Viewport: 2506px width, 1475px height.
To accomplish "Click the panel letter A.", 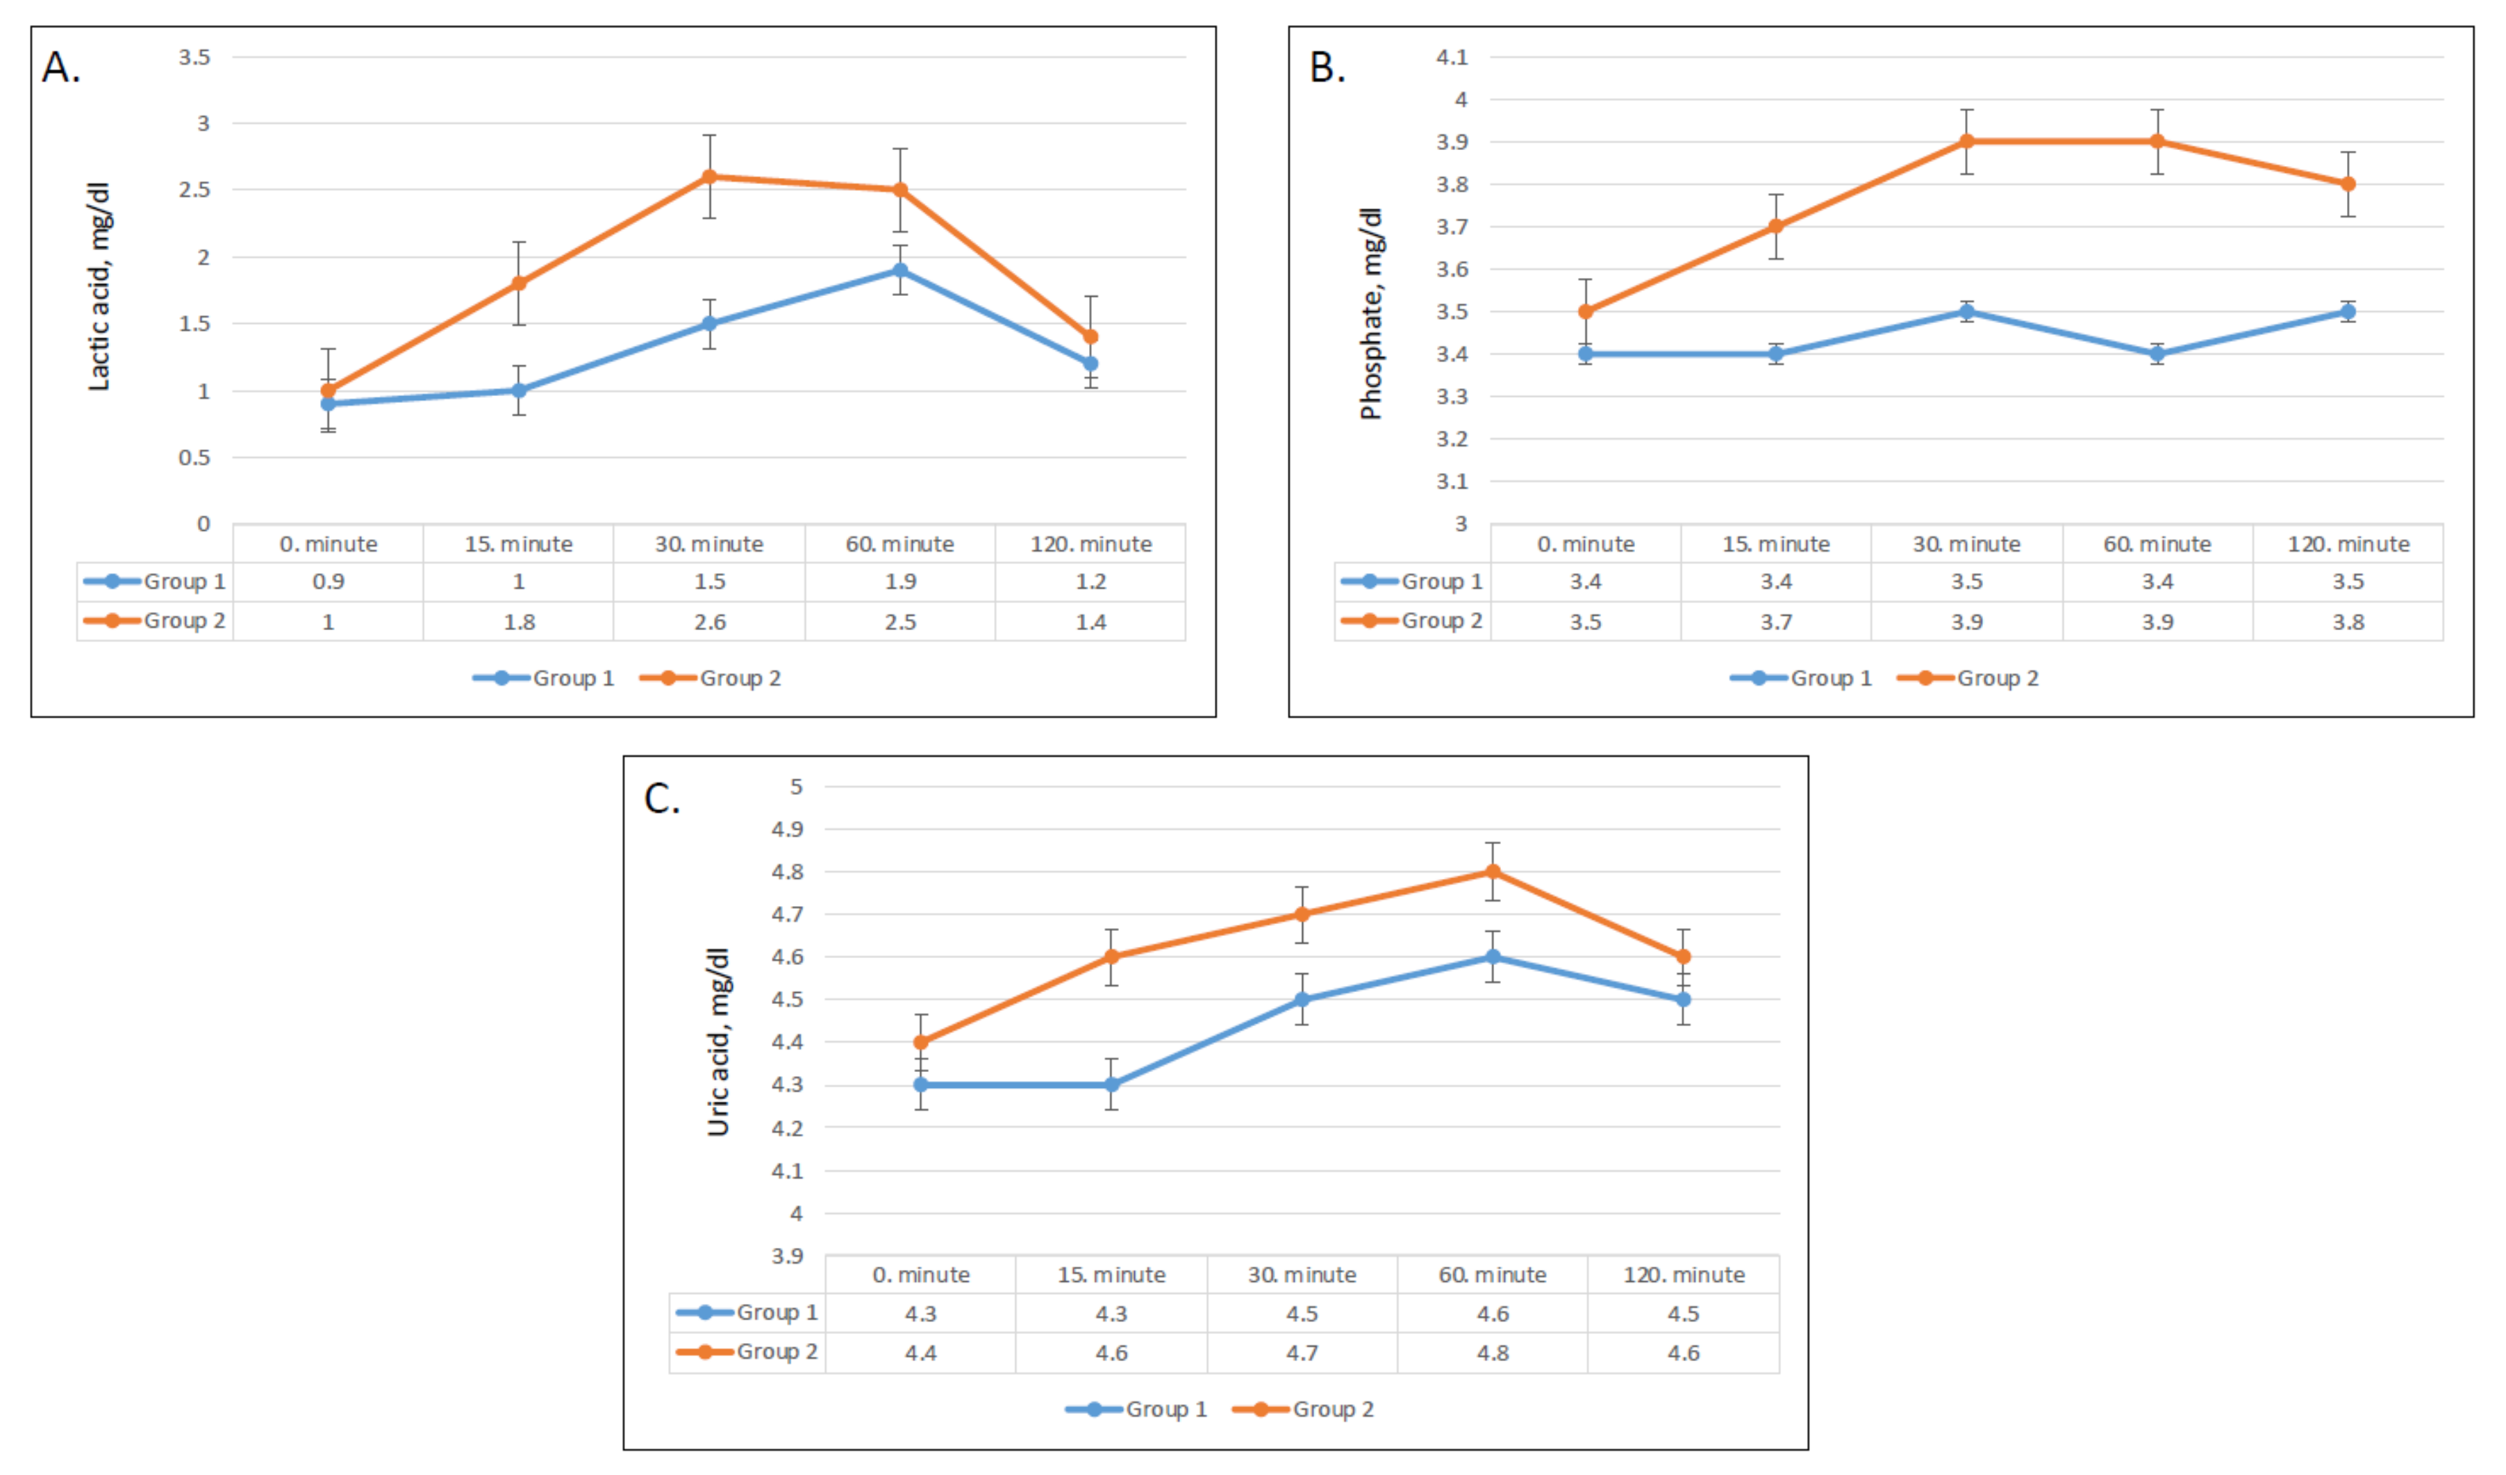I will tap(60, 67).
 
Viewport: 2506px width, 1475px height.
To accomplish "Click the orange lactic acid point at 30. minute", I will tap(709, 177).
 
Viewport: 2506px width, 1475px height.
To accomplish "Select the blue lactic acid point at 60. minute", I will tap(900, 270).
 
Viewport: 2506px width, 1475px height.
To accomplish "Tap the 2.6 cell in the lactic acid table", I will tap(709, 622).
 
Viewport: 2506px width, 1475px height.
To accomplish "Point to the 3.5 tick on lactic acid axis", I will tap(195, 58).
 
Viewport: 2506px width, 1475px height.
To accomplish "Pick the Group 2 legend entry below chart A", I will tap(711, 678).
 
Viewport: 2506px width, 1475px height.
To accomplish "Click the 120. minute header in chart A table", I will tap(1091, 544).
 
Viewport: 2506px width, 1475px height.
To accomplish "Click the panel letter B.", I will tap(1327, 67).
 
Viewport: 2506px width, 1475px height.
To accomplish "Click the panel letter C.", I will tap(661, 799).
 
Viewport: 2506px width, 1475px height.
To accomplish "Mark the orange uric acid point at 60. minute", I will tap(1493, 872).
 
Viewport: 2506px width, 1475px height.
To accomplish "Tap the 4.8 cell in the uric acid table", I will tap(1493, 1353).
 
